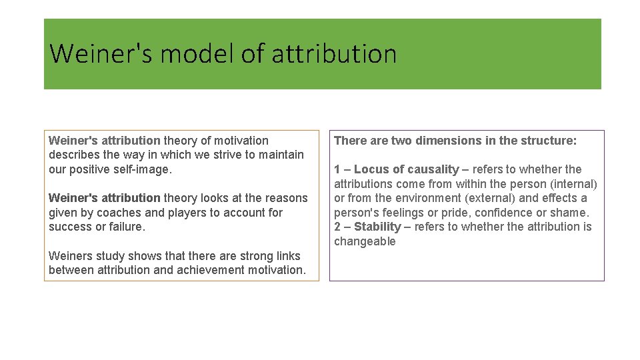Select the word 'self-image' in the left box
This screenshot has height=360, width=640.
[143, 169]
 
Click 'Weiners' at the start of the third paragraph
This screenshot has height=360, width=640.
[70, 256]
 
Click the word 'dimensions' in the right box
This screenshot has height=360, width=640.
[447, 141]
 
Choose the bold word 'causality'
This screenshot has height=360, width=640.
[434, 169]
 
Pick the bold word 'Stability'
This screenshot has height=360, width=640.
[377, 227]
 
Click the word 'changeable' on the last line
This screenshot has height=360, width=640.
[365, 241]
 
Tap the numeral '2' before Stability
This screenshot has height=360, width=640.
[337, 227]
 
